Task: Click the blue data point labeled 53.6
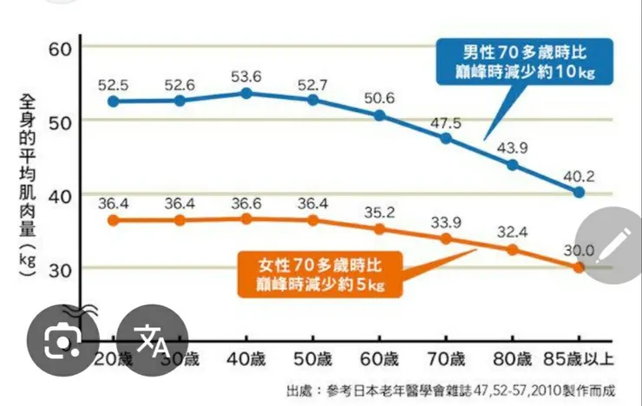pyautogui.click(x=246, y=92)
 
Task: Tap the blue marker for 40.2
pyautogui.click(x=579, y=192)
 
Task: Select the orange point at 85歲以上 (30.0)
pyautogui.click(x=579, y=267)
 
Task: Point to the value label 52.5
pyautogui.click(x=114, y=85)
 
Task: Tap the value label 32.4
pyautogui.click(x=512, y=232)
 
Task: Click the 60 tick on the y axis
pyautogui.click(x=58, y=47)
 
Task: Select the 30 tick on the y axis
pyautogui.click(x=58, y=268)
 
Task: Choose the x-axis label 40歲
pyautogui.click(x=246, y=360)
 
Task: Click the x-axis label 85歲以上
pyautogui.click(x=576, y=360)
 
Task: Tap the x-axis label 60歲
pyautogui.click(x=379, y=360)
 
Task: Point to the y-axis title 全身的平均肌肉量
pyautogui.click(x=25, y=187)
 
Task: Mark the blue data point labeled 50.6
pyautogui.click(x=379, y=115)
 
